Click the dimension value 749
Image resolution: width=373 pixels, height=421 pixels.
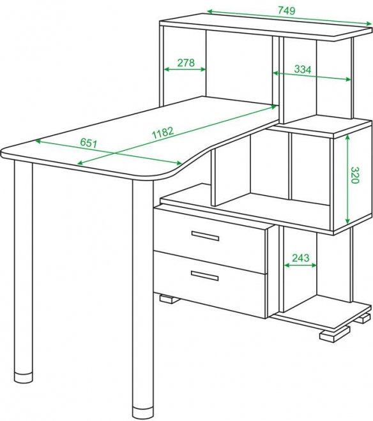tap(286, 10)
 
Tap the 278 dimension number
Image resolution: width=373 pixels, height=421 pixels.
tap(186, 63)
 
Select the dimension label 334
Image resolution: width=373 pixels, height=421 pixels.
tap(303, 70)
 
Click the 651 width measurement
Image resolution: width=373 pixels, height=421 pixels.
tap(89, 143)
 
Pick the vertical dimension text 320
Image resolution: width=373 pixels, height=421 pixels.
tap(355, 175)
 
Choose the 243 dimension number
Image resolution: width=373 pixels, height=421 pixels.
tap(301, 258)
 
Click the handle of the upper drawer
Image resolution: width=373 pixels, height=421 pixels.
tap(205, 236)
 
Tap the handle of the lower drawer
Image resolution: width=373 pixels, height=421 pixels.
tap(204, 276)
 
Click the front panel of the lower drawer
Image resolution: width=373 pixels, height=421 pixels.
tap(209, 284)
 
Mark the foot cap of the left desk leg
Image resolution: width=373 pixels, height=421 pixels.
tap(24, 378)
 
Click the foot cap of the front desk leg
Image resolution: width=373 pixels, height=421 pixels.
tap(142, 415)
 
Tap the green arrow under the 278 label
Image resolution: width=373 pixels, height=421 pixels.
tap(185, 70)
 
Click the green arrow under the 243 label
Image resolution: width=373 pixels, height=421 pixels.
tap(301, 265)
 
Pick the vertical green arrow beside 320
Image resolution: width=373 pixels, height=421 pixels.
tap(347, 179)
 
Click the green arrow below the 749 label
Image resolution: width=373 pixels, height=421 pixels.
tap(289, 17)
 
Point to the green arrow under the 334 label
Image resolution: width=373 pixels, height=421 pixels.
tap(312, 76)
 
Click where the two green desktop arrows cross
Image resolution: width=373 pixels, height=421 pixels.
tap(116, 153)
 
